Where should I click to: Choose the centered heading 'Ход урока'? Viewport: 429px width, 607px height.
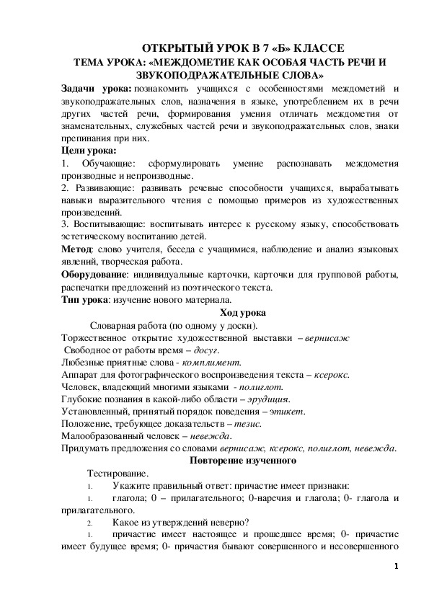(242, 312)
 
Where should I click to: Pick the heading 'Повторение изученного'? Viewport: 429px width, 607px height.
(242, 460)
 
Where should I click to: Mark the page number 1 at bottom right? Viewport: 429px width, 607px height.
(397, 566)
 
